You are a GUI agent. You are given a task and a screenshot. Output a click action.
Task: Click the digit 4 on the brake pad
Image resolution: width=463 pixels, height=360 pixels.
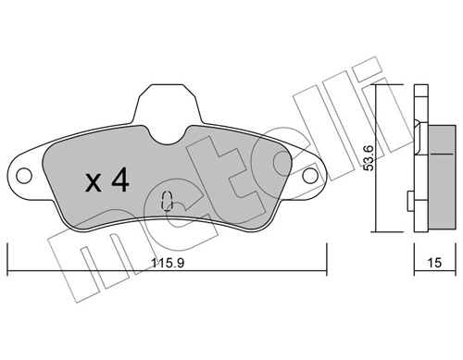coord(119,180)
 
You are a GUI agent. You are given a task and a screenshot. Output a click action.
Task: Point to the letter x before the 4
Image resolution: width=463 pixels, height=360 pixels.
coord(93,182)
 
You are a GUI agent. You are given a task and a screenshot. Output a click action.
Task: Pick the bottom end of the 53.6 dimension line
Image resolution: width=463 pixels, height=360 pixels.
coord(374,231)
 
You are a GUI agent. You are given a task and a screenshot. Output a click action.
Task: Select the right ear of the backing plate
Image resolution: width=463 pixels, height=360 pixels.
coord(308,174)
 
